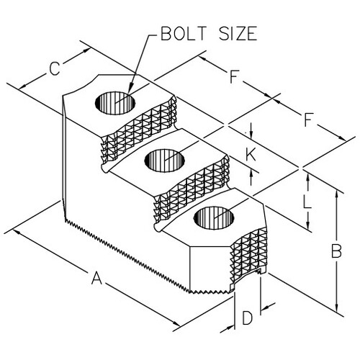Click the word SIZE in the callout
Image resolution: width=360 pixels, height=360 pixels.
click(238, 33)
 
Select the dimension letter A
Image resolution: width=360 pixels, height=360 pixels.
click(96, 278)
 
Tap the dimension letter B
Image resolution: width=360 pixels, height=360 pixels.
click(336, 251)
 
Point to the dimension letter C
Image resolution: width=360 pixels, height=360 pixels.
click(54, 68)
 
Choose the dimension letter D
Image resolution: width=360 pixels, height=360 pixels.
click(247, 318)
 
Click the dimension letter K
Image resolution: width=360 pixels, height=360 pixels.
click(251, 155)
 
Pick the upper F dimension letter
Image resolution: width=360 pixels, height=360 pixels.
click(233, 76)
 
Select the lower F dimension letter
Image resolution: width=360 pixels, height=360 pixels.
click(308, 120)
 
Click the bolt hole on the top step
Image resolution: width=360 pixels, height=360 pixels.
click(115, 103)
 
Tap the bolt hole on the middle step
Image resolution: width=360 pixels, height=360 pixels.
click(165, 161)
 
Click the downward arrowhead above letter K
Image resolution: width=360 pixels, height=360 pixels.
click(251, 135)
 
